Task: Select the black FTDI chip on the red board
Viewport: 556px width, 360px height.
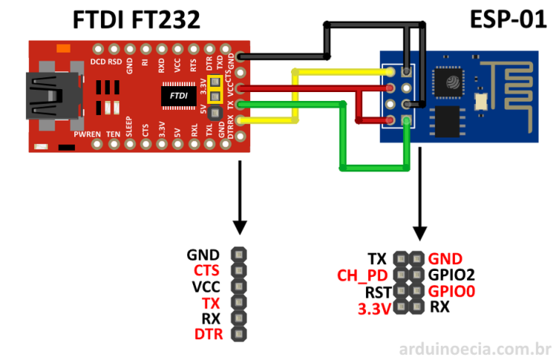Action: pyautogui.click(x=177, y=96)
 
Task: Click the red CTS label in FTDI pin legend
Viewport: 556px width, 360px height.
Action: pyautogui.click(x=207, y=270)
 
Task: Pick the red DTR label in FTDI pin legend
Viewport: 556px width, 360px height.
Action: pyautogui.click(x=208, y=333)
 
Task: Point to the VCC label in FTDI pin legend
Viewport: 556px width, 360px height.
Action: pyautogui.click(x=207, y=286)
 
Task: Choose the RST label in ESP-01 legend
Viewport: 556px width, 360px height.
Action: pyautogui.click(x=374, y=291)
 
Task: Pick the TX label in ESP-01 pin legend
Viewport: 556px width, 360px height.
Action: pyautogui.click(x=377, y=258)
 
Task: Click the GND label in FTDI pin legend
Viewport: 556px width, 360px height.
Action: pyautogui.click(x=204, y=254)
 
